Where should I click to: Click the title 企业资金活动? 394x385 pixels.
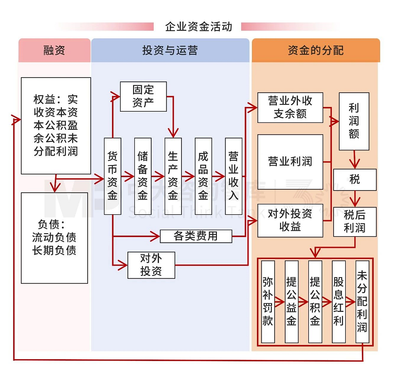click(198, 27)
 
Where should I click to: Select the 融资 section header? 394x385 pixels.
click(54, 50)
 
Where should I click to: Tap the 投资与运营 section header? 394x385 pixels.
click(170, 50)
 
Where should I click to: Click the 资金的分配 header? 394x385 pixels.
click(315, 50)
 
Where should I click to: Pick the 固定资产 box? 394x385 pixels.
click(143, 97)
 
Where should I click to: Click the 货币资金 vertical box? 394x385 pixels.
click(112, 176)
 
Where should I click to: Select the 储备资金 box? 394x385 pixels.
click(143, 176)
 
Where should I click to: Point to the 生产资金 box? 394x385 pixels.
click(173, 176)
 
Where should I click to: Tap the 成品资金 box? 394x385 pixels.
click(203, 176)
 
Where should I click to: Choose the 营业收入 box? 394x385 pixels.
click(233, 176)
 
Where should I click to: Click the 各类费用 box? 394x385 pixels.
click(196, 236)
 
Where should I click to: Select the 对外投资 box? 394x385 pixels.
click(151, 265)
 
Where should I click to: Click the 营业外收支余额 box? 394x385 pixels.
click(290, 107)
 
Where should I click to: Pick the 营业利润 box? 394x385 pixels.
click(290, 162)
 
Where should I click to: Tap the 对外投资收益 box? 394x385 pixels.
click(290, 220)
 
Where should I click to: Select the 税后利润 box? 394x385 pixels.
click(355, 222)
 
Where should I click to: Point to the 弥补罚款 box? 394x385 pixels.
click(268, 301)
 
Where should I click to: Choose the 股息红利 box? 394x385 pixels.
click(338, 301)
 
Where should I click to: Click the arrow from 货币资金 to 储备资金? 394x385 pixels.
click(127, 176)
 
